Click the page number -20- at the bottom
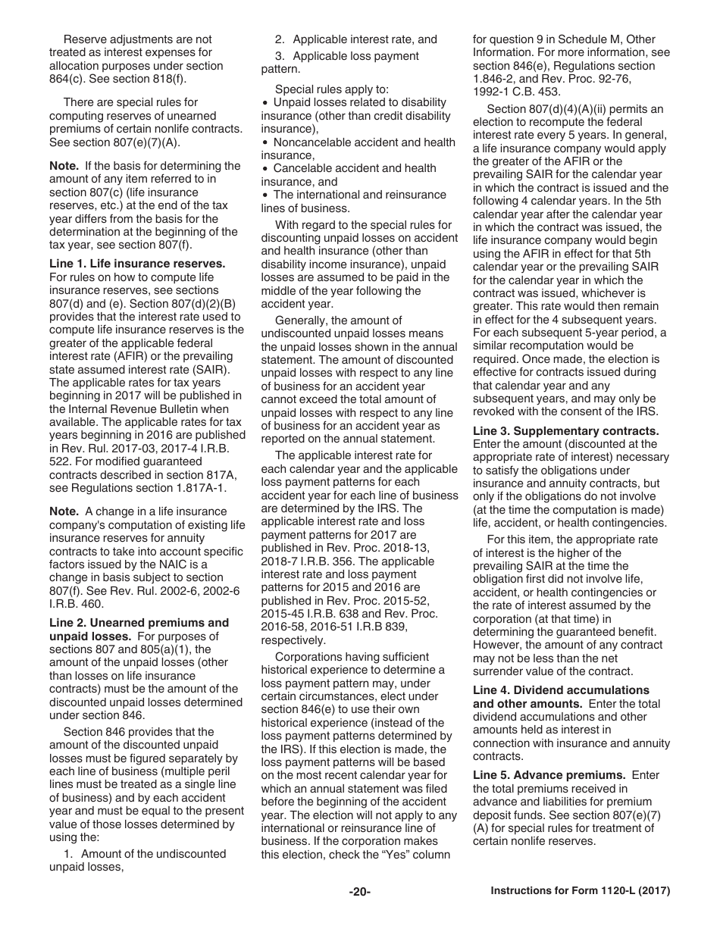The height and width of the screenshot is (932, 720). [x=359, y=892]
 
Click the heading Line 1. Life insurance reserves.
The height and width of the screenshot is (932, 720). [x=137, y=264]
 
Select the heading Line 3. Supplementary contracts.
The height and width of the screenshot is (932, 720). [x=565, y=430]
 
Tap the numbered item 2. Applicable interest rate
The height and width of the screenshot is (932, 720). [x=355, y=39]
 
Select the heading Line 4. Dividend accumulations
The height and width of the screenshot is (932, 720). [x=561, y=690]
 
